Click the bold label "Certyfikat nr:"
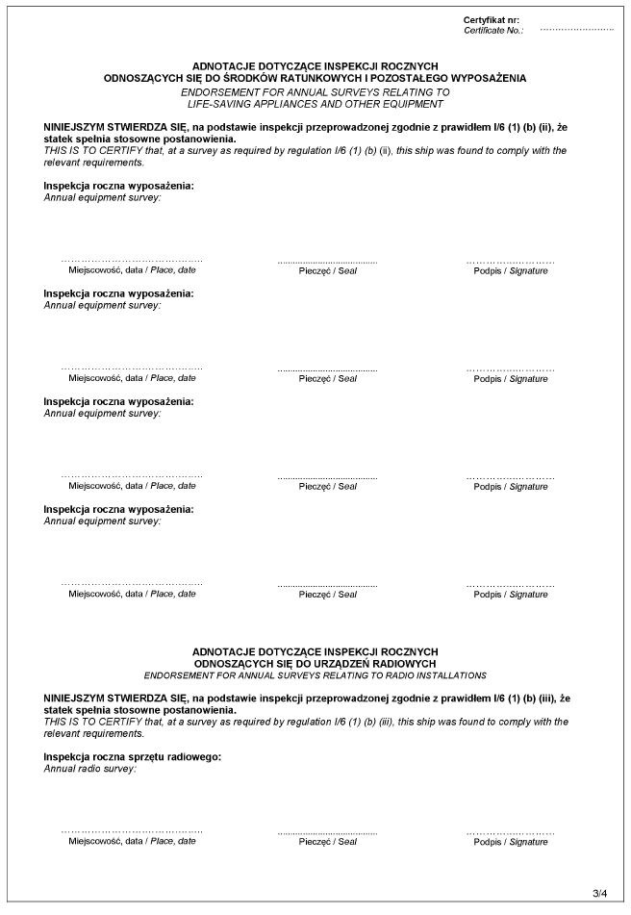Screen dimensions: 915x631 click(491, 20)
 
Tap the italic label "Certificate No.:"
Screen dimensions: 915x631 click(492, 31)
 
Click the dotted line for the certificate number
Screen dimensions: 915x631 click(576, 31)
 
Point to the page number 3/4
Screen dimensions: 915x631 click(600, 893)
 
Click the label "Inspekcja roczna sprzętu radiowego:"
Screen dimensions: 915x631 click(133, 756)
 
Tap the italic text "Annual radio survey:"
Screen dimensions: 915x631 click(90, 769)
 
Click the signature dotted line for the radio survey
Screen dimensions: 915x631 click(510, 831)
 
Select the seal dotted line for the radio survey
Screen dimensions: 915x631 click(327, 831)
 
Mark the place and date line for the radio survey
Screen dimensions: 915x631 click(132, 831)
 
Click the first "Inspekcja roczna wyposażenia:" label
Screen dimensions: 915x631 click(118, 185)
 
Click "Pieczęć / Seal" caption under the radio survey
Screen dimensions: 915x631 click(327, 842)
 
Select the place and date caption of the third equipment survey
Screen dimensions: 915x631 click(132, 487)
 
